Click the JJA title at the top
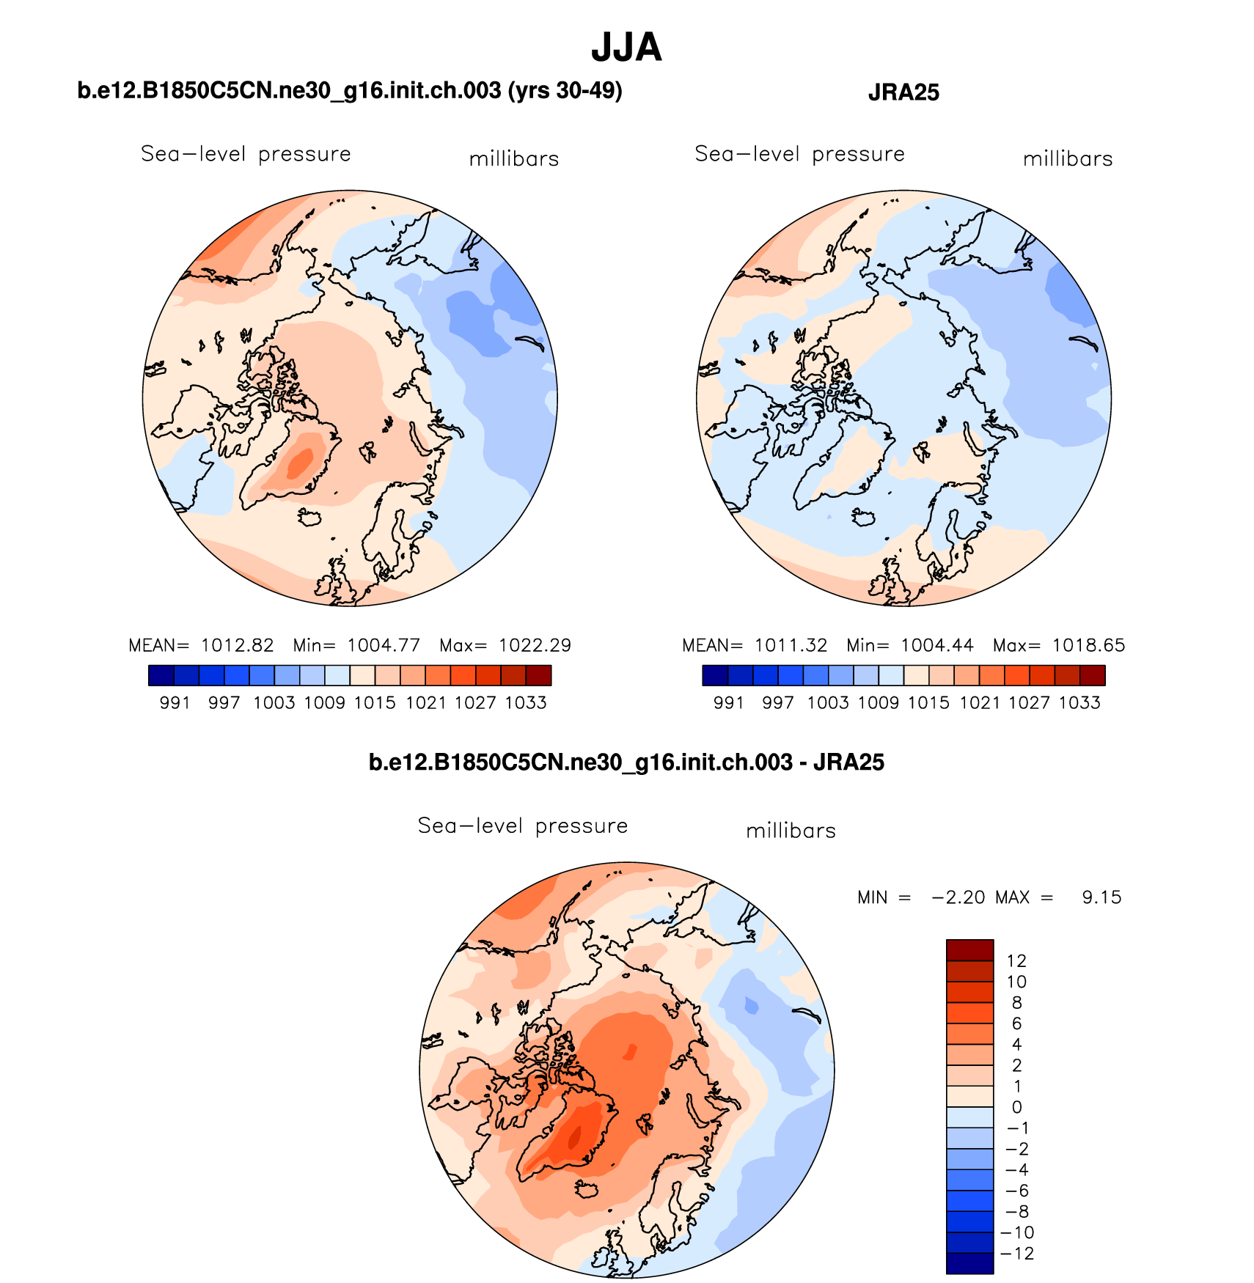click(626, 48)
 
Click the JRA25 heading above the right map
click(903, 92)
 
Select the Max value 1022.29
click(535, 645)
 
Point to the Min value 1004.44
click(937, 645)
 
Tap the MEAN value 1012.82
click(237, 645)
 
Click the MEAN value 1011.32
click(791, 645)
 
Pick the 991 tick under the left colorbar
click(175, 703)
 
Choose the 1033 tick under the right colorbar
click(1079, 703)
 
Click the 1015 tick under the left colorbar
click(375, 703)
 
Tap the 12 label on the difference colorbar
click(1016, 961)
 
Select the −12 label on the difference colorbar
click(1018, 1254)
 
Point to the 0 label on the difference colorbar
click(1016, 1107)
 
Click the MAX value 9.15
click(1101, 897)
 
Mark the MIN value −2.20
click(958, 897)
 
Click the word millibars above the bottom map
click(791, 831)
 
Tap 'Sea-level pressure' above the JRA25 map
click(799, 154)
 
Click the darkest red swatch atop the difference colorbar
click(969, 949)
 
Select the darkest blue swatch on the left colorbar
click(161, 675)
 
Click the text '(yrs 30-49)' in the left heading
click(565, 91)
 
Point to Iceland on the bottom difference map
click(587, 1189)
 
